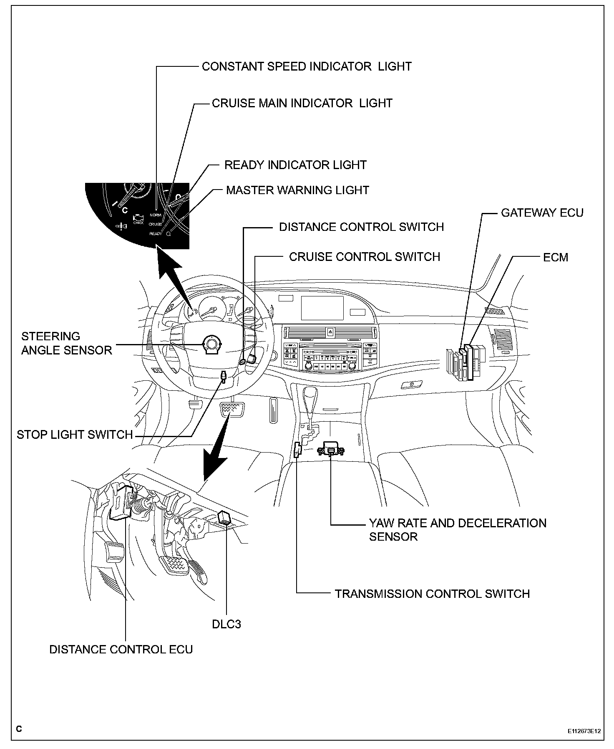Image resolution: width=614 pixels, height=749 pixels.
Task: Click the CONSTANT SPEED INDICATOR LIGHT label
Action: click(x=307, y=66)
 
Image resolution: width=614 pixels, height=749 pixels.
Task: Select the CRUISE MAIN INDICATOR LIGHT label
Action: click(x=302, y=103)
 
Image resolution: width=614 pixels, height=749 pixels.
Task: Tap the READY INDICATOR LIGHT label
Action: click(x=295, y=165)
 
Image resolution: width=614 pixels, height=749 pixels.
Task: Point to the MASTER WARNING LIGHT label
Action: click(x=297, y=190)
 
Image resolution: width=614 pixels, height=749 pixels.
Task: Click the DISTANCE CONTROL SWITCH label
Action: click(x=361, y=227)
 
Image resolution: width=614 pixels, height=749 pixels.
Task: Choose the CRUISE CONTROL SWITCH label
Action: click(x=365, y=256)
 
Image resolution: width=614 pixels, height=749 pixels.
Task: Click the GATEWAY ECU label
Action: click(x=542, y=213)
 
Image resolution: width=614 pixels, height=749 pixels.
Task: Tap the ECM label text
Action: click(x=555, y=257)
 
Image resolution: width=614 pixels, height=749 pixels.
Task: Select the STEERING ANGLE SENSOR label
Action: click(x=67, y=343)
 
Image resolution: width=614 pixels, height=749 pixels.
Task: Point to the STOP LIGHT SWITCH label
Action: click(x=75, y=435)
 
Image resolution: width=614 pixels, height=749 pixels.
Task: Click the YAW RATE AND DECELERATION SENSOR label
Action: click(x=457, y=529)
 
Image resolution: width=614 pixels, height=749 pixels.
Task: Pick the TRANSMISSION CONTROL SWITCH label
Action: click(x=432, y=594)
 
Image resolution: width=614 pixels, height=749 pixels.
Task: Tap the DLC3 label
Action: click(x=226, y=624)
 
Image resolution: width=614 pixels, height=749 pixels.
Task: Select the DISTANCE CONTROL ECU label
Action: click(x=121, y=649)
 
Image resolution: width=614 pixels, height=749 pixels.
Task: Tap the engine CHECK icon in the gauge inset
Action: click(x=138, y=219)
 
